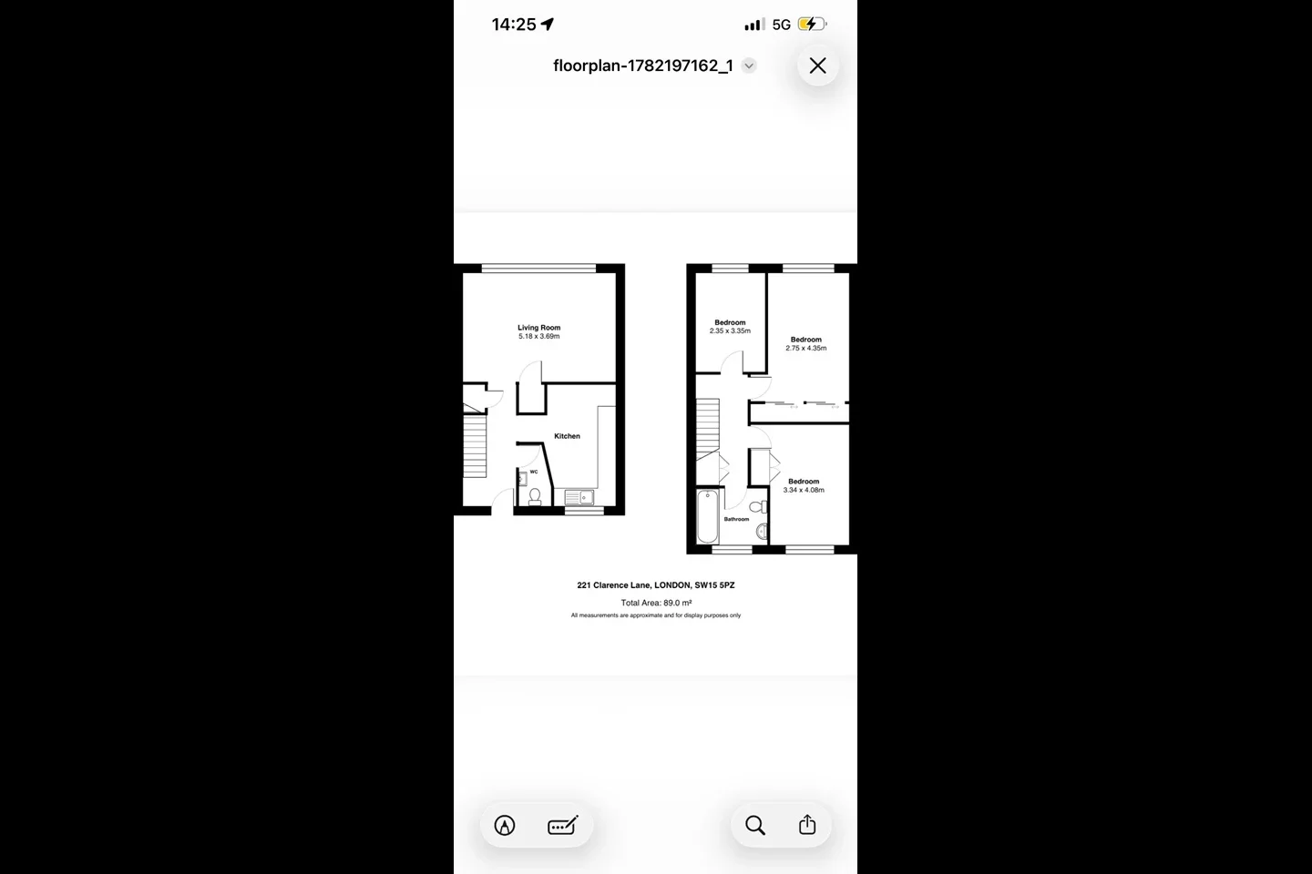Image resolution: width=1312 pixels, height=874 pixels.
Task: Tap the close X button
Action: [817, 66]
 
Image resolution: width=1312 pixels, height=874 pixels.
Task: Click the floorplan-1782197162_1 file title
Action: [643, 66]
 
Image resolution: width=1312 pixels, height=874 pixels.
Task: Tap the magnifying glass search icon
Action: [755, 826]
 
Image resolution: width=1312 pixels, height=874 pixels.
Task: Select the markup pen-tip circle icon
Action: [505, 826]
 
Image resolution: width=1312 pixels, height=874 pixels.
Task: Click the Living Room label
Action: [538, 328]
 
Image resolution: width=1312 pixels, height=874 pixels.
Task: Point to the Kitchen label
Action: [567, 436]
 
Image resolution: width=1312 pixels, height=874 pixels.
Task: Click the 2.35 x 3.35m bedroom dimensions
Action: [730, 330]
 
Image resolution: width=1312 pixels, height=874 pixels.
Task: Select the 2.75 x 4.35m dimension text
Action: [806, 348]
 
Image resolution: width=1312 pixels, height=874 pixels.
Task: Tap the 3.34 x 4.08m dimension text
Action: [804, 490]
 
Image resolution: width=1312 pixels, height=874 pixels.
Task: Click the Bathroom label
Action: [736, 519]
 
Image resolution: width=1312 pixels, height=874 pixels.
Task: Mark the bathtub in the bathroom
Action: [708, 517]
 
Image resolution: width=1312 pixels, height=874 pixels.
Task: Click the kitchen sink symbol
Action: [579, 498]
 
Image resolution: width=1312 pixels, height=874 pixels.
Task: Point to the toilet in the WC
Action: [535, 497]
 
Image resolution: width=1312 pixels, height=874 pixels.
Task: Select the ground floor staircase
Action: [475, 446]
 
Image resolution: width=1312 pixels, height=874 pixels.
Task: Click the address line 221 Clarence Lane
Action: [656, 584]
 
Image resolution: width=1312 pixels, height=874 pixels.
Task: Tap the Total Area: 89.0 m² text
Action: [656, 603]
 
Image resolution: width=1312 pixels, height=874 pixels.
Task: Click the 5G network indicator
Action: [782, 25]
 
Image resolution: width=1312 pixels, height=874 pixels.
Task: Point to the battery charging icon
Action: [813, 24]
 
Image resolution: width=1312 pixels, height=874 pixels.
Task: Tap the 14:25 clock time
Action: [514, 25]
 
